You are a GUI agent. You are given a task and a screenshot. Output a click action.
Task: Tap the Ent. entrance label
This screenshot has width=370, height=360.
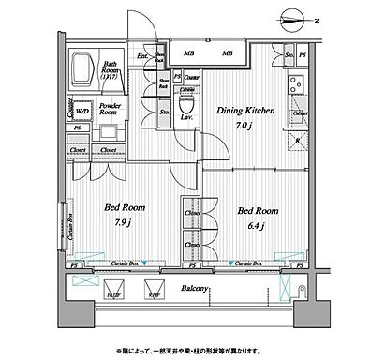pyautogui.click(x=141, y=56)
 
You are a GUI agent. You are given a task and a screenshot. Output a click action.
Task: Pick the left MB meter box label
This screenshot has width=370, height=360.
pyautogui.click(x=188, y=52)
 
